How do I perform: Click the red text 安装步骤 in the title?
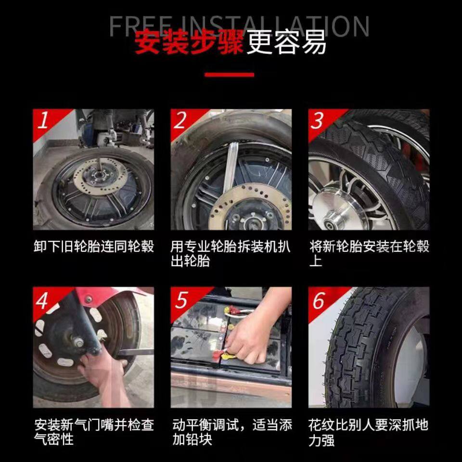(x=189, y=42)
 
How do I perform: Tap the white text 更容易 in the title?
(x=286, y=42)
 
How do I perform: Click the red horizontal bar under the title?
(x=229, y=75)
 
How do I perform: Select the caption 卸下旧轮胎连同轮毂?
(x=94, y=246)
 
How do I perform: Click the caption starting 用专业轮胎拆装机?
(x=231, y=254)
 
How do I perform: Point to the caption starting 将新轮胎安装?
(x=369, y=254)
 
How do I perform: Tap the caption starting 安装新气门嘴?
(x=94, y=432)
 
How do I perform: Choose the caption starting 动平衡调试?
(x=232, y=432)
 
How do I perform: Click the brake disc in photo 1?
(x=100, y=177)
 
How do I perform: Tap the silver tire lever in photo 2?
(x=230, y=168)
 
